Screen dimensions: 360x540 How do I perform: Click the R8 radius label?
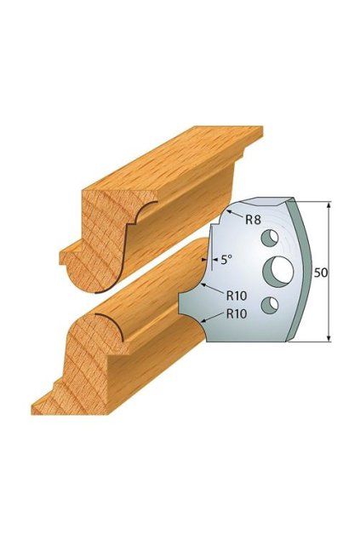pyautogui.click(x=253, y=220)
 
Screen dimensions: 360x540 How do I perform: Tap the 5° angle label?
pyautogui.click(x=225, y=259)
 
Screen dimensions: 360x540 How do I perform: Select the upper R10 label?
pyautogui.click(x=237, y=296)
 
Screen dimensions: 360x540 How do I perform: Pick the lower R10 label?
pyautogui.click(x=237, y=313)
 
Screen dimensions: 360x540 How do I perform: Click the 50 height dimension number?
pyautogui.click(x=320, y=273)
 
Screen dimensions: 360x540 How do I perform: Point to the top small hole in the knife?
pyautogui.click(x=270, y=238)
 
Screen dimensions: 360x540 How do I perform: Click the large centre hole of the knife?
pyautogui.click(x=278, y=272)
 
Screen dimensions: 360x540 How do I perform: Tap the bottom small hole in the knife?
pyautogui.click(x=270, y=305)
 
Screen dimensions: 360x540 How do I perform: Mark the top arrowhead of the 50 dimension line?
pyautogui.click(x=329, y=206)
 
